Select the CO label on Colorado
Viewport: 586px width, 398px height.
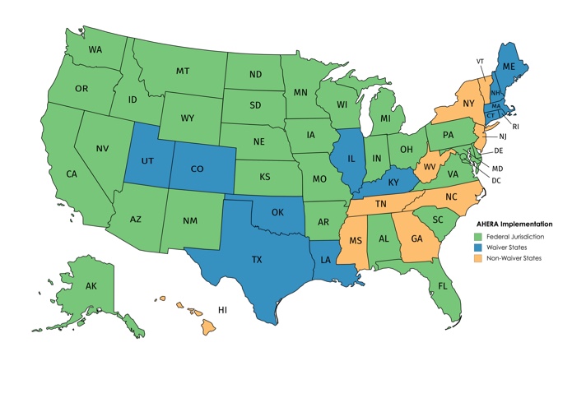(x=198, y=168)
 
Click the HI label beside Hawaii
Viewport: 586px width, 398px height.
(x=222, y=309)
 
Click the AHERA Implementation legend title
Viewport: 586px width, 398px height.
(x=514, y=224)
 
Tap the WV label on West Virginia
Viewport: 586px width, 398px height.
(x=428, y=168)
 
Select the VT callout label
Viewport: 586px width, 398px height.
(x=480, y=62)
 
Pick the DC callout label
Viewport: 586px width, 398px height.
(x=495, y=179)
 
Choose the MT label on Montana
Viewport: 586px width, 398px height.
(x=183, y=71)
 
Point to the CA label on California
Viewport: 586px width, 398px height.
(x=72, y=174)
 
